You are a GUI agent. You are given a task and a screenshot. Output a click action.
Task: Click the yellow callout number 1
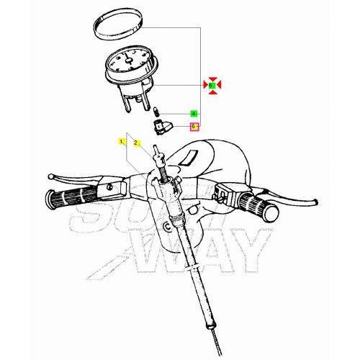122,142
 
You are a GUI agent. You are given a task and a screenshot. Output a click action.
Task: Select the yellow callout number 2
135,143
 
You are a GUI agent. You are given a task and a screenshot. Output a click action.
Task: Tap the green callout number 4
193,114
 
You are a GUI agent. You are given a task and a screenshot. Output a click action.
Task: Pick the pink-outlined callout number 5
193,127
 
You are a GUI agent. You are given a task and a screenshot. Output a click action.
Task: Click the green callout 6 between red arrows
212,86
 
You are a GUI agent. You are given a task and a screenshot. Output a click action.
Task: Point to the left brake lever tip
49,175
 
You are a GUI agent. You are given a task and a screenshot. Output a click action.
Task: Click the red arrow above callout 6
212,77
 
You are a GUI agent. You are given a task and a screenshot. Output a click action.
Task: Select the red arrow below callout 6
212,94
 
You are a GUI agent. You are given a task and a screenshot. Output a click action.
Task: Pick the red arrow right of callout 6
220,86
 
